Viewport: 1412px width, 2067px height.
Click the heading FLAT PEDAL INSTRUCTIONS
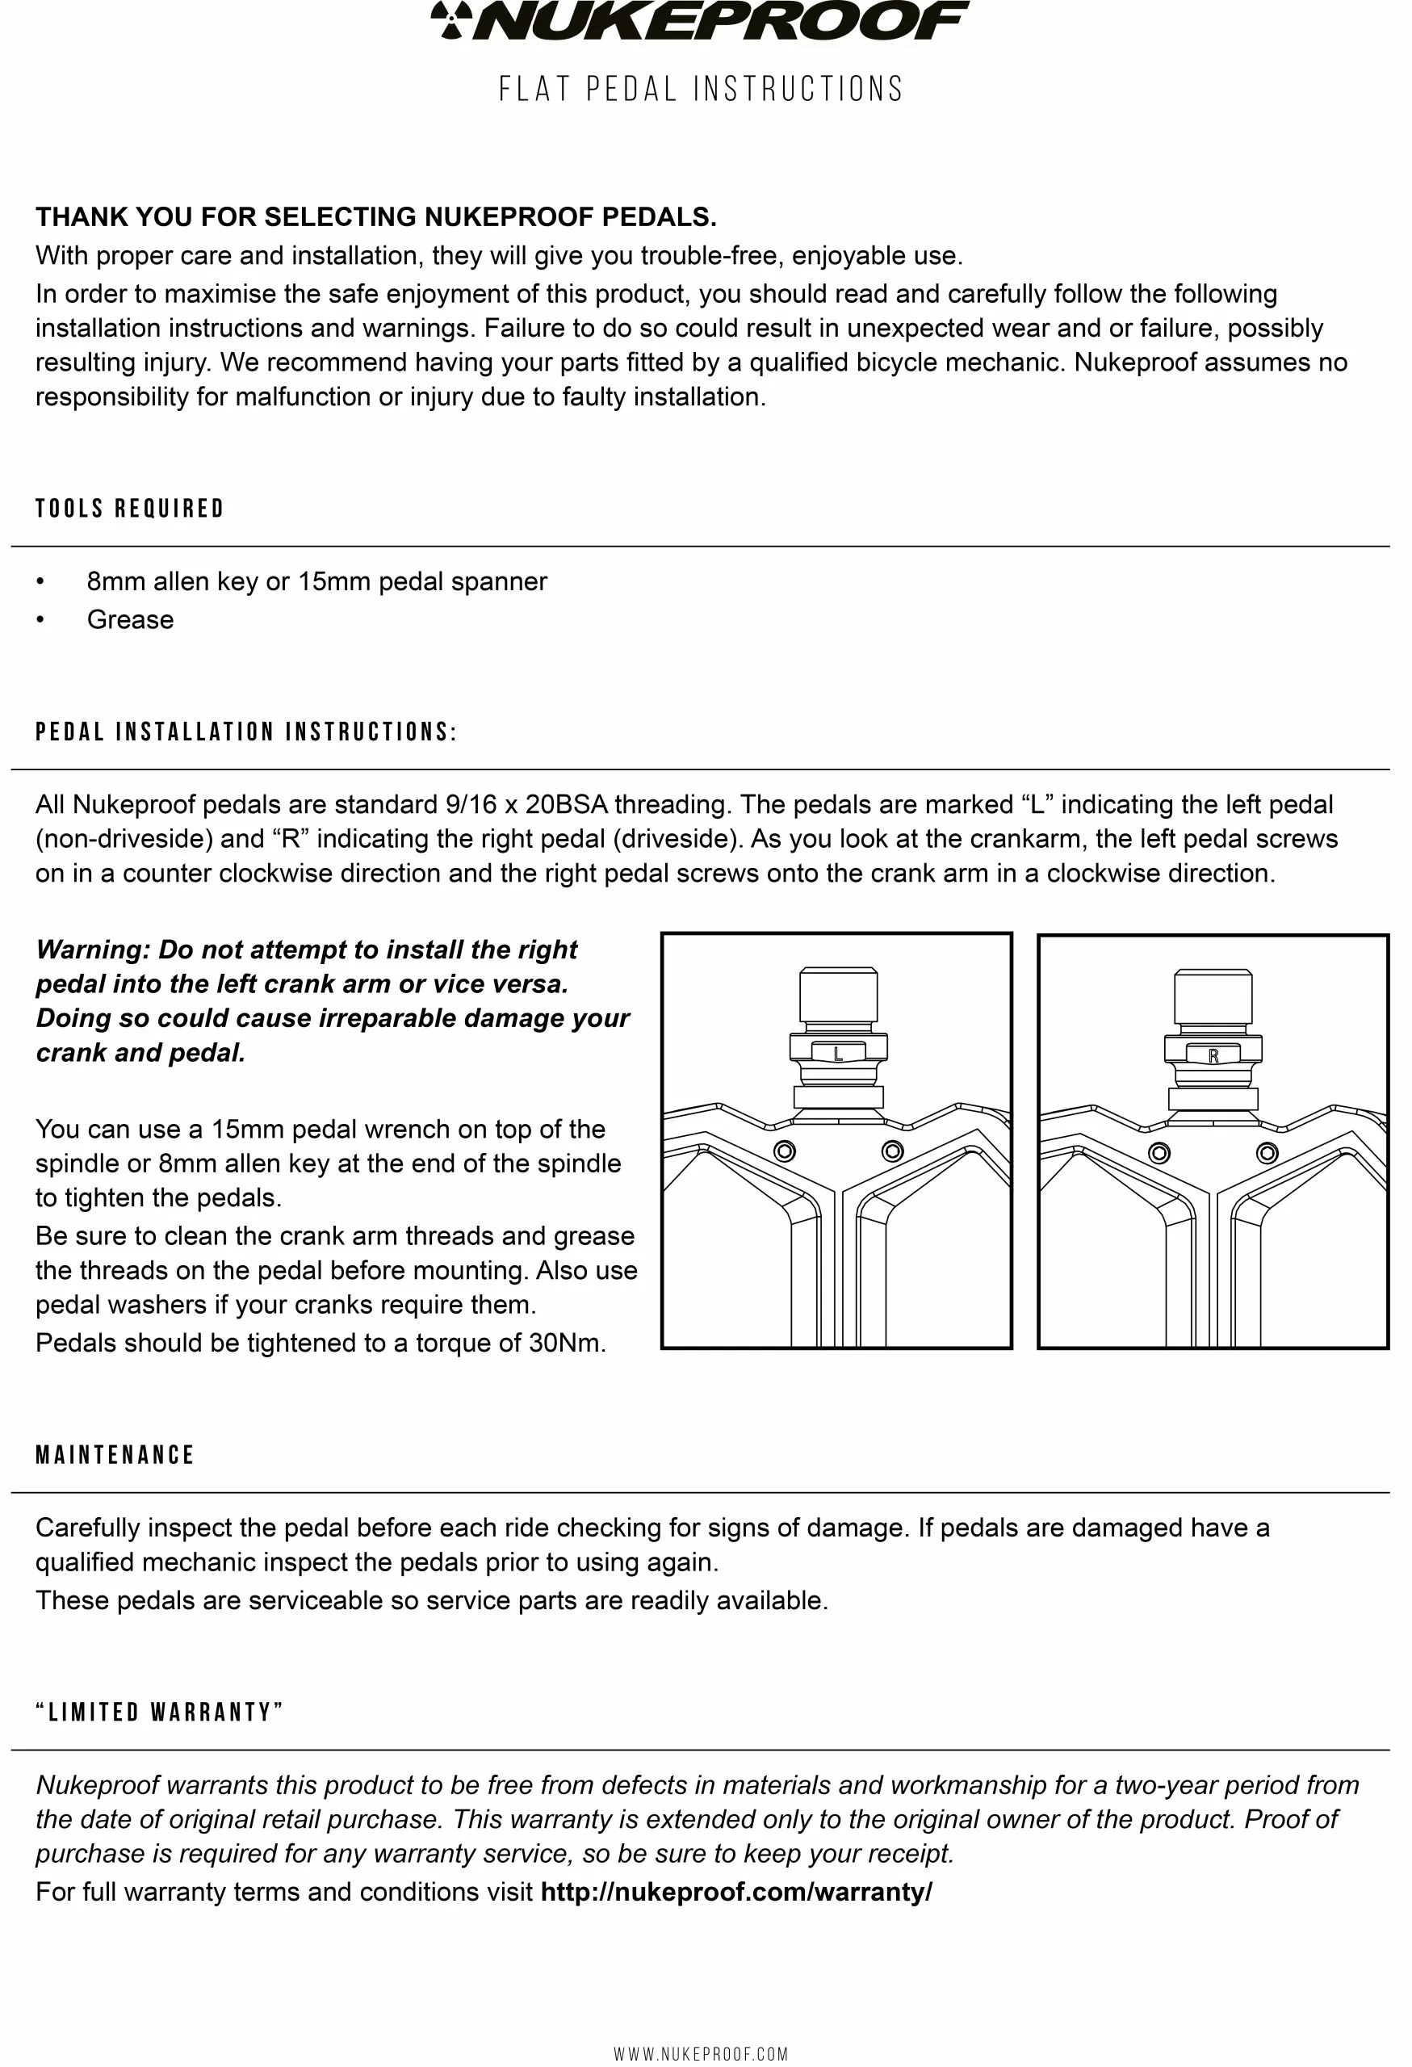(701, 89)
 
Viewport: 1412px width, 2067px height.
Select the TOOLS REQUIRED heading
(130, 509)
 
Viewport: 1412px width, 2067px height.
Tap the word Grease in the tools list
(130, 620)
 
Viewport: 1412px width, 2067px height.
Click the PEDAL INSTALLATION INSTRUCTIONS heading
(246, 732)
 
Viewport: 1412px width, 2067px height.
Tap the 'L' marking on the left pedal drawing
(838, 1054)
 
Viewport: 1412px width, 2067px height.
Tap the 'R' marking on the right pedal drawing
(1213, 1057)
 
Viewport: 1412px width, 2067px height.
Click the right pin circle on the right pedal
(1267, 1154)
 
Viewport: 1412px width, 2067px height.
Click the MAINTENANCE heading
(115, 1455)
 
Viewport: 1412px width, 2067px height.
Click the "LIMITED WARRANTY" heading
(160, 1713)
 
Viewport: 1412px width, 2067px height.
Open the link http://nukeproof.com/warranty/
(736, 1892)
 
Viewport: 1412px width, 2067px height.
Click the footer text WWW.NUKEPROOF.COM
(701, 2053)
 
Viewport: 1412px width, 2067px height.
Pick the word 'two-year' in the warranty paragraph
(1167, 1785)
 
